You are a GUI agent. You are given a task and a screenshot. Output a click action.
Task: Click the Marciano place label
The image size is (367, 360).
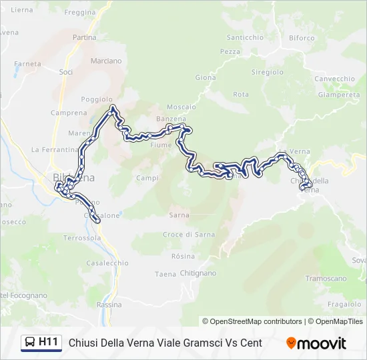[x=106, y=61]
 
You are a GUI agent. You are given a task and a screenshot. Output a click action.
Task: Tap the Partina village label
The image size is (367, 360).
[x=85, y=37]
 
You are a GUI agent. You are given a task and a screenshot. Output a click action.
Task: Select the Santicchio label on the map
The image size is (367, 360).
[x=245, y=37]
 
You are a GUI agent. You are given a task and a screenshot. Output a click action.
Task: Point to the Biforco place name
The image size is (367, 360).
[x=302, y=38]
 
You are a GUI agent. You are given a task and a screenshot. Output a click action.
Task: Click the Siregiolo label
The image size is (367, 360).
[x=267, y=72]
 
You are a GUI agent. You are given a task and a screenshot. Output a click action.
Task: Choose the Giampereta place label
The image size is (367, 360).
[x=339, y=95]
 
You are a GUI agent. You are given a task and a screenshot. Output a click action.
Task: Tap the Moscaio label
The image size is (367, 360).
[x=181, y=107]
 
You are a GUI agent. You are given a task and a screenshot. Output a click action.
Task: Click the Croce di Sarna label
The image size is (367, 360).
[x=190, y=234]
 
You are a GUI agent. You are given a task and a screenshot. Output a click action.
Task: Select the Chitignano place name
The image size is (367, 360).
[x=198, y=273]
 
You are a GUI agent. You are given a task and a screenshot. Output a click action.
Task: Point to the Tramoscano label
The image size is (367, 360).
[x=326, y=278]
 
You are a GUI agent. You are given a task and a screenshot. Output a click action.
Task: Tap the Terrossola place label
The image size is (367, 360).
[x=82, y=237]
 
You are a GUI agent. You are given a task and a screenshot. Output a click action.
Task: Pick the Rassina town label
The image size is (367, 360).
[x=109, y=304]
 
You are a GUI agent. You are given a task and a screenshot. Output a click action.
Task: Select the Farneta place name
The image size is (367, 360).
[x=27, y=64]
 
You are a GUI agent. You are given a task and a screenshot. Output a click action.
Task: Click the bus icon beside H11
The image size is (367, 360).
[x=30, y=343]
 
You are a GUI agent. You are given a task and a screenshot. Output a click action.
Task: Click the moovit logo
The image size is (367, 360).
[x=316, y=343]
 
